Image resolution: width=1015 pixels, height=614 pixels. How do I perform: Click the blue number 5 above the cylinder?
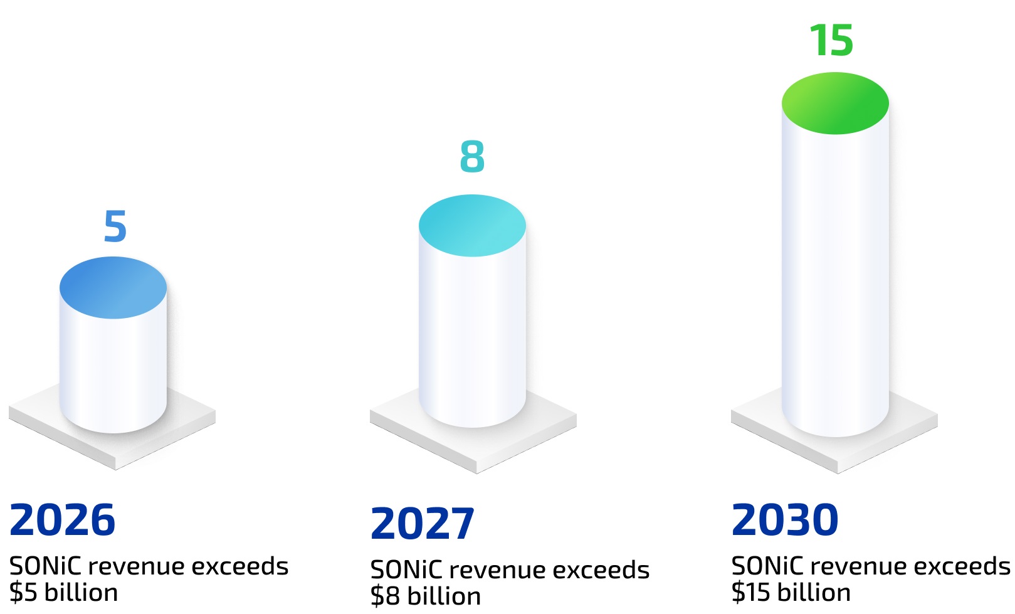tap(115, 226)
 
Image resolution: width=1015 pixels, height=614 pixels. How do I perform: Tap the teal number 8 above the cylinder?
tap(472, 156)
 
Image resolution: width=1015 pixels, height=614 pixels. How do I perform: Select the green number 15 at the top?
tap(831, 40)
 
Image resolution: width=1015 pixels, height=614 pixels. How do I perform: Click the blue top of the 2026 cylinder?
tap(113, 288)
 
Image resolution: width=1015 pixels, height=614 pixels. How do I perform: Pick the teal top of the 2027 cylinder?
tap(472, 226)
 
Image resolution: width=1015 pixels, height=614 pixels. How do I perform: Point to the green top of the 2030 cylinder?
tap(835, 103)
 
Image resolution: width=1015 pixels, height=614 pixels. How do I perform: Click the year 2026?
tap(62, 519)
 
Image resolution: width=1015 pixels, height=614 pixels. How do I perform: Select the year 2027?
tap(423, 523)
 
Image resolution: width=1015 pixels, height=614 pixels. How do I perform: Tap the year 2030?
tap(785, 519)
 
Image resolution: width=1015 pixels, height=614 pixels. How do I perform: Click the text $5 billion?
tap(63, 592)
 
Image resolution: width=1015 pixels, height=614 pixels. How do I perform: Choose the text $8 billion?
tap(426, 596)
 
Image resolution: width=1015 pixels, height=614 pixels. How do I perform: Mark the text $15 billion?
tap(791, 592)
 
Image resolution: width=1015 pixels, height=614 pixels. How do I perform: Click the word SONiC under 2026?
tap(45, 566)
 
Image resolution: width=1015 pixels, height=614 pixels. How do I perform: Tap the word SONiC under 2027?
tap(406, 569)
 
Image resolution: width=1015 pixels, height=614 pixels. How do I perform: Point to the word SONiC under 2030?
tap(767, 566)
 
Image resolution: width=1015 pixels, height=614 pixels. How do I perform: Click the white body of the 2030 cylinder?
tap(835, 281)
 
